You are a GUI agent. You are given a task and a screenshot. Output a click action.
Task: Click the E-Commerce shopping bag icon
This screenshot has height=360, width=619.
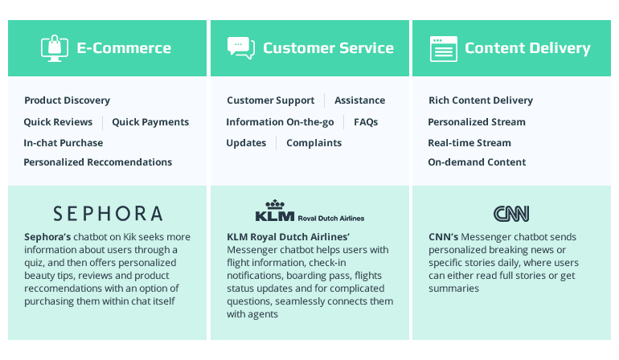point(54,48)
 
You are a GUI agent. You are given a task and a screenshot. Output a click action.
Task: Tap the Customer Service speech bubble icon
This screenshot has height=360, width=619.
point(240,48)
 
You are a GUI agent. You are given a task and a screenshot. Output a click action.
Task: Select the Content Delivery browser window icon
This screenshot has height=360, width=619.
point(443,48)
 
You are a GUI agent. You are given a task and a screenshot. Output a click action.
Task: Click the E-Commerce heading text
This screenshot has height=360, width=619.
point(124,48)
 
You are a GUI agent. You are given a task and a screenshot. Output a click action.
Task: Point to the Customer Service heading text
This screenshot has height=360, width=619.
point(328,48)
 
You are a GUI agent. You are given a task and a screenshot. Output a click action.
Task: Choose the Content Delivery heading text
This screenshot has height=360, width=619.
point(527,48)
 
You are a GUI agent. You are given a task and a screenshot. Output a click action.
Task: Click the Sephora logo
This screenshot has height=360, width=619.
point(108,213)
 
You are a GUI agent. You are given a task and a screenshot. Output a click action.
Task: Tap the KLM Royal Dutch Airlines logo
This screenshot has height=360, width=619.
point(309,211)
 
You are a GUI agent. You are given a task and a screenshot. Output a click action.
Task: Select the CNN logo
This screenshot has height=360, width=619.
point(511,213)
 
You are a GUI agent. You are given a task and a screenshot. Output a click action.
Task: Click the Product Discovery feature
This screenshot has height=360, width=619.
point(67,100)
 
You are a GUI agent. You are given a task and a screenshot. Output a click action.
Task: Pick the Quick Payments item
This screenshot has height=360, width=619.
point(150,122)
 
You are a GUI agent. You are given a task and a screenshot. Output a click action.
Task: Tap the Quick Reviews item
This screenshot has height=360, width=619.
point(58,122)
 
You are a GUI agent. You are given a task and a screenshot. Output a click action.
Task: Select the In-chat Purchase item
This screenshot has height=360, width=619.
point(64,143)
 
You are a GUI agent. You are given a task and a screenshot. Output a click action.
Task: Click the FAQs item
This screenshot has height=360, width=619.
point(366,122)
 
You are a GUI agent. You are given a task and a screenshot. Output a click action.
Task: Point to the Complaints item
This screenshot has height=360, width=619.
point(314,143)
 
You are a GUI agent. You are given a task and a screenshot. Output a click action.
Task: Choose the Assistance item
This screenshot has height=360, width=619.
point(359,100)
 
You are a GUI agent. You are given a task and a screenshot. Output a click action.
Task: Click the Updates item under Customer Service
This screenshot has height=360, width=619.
point(246,143)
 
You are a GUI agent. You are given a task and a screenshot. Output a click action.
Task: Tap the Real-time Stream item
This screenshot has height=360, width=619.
point(469,143)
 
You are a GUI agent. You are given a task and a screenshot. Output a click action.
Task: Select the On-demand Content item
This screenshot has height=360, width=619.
point(477,162)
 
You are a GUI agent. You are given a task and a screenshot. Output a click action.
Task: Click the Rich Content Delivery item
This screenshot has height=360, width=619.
point(481,100)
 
